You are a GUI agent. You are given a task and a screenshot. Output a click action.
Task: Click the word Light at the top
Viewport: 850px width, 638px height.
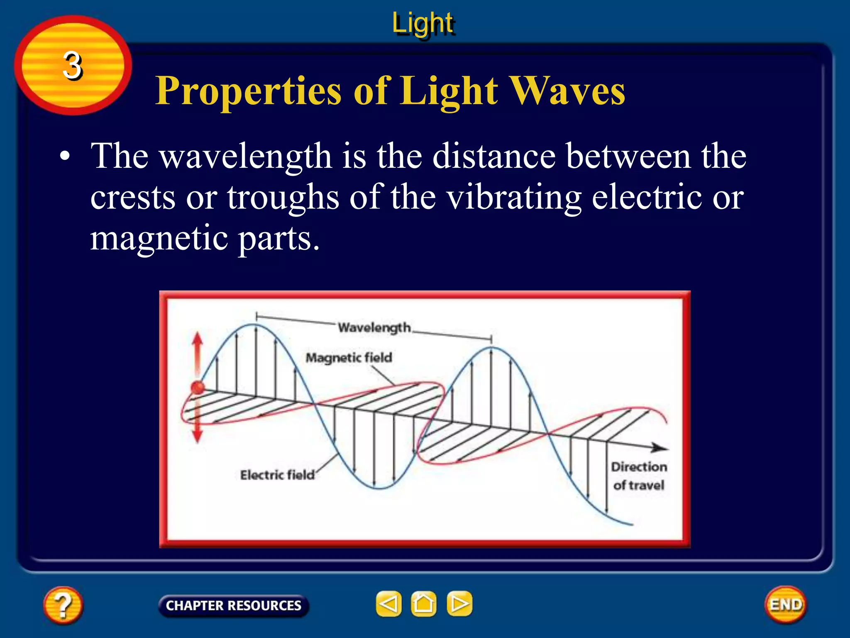click(x=423, y=23)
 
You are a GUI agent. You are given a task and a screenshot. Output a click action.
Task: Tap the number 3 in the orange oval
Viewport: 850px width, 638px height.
click(x=73, y=66)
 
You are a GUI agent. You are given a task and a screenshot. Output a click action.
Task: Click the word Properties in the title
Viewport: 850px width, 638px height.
click(x=248, y=91)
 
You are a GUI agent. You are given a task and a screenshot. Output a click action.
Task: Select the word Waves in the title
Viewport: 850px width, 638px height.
click(x=567, y=91)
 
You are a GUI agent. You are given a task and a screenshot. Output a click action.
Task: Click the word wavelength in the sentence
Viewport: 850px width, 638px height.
click(x=246, y=156)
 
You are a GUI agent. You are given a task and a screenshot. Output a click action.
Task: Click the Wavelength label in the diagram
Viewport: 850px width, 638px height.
click(x=374, y=328)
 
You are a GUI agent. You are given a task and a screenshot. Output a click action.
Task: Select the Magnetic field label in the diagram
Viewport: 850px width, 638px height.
click(x=349, y=358)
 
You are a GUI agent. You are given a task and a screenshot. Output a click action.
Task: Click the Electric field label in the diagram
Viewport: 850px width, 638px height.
click(x=277, y=475)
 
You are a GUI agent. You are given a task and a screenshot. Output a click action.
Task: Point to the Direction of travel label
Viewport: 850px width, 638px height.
click(x=639, y=476)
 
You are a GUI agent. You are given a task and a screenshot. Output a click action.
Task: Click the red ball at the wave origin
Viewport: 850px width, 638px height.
click(x=198, y=388)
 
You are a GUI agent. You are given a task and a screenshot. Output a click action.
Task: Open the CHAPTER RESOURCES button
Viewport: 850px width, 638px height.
click(x=233, y=606)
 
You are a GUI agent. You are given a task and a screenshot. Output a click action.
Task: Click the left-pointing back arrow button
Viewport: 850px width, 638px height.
click(x=388, y=604)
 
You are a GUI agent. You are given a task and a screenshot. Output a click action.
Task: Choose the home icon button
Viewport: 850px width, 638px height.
click(x=423, y=604)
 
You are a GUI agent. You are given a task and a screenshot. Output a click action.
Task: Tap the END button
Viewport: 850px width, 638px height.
click(x=786, y=605)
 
